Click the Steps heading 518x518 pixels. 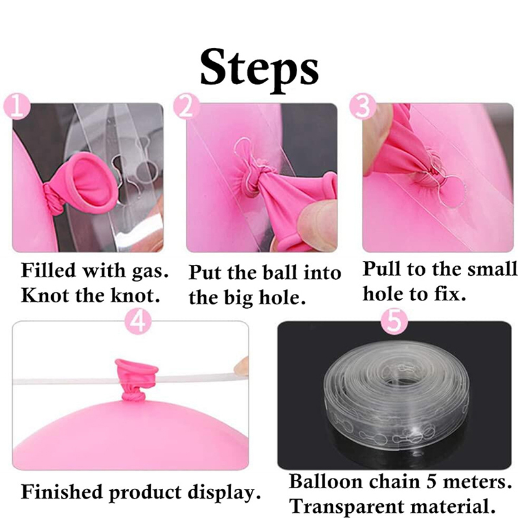(260, 70)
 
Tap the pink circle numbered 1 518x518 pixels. (17, 107)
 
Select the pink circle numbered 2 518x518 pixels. (186, 107)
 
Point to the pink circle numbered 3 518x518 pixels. (363, 107)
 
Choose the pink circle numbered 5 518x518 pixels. (395, 321)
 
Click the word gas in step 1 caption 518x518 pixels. (150, 271)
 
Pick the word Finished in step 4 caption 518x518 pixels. (62, 492)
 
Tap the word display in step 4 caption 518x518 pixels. (222, 493)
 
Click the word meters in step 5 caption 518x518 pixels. (477, 482)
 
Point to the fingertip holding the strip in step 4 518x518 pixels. (241, 366)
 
